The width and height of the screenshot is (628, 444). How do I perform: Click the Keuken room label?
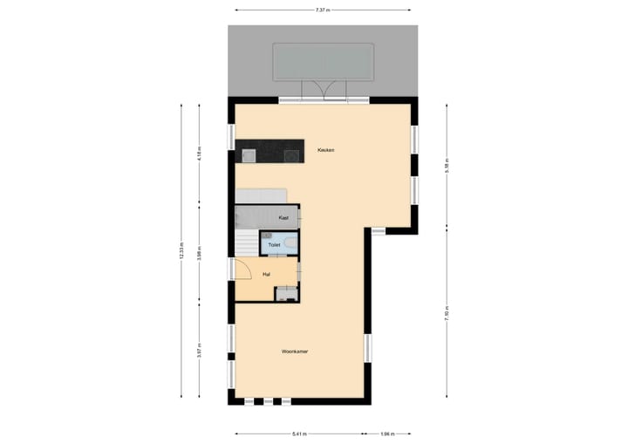326,150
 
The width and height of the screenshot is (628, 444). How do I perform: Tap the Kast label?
283,217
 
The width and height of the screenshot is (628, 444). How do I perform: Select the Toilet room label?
275,245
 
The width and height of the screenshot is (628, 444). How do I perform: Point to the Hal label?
266,275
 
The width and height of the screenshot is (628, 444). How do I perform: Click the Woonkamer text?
295,352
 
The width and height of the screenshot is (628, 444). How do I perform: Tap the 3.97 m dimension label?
200,353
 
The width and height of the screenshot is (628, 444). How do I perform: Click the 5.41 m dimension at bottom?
299,433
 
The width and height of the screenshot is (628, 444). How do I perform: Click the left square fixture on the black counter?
248,156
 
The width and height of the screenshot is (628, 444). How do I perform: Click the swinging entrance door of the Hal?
242,270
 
